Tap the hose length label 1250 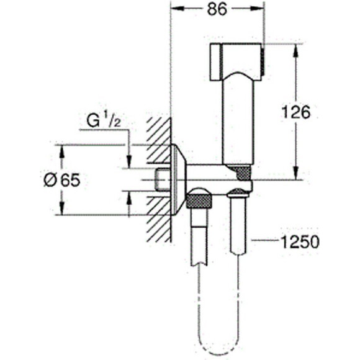[300, 241]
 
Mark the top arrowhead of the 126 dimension [294, 49]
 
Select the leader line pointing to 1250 [264, 241]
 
